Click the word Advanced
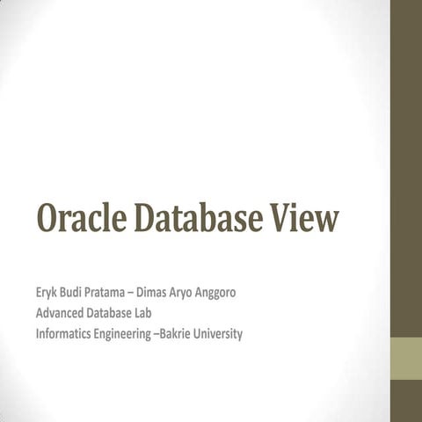63,312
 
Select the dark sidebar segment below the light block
405,401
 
